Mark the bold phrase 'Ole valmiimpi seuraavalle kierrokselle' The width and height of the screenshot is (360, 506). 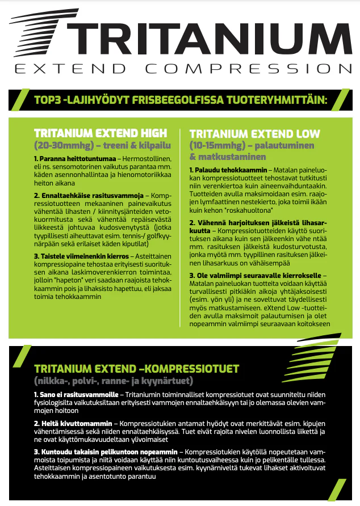click(x=257, y=276)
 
